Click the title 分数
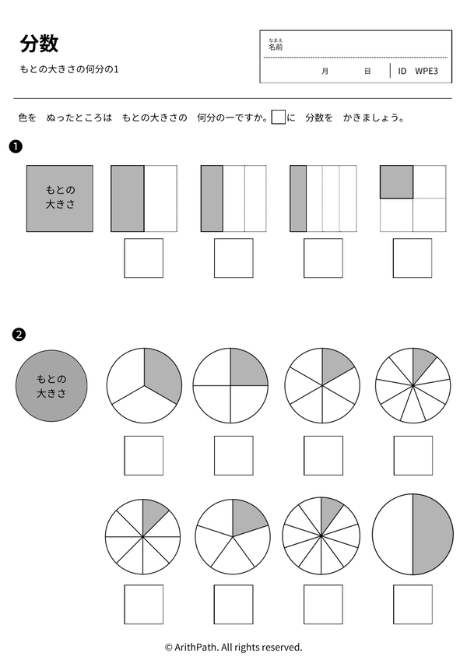[39, 44]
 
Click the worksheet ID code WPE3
[427, 71]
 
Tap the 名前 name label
[276, 47]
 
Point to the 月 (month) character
[325, 71]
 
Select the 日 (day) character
[367, 71]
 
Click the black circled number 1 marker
[16, 146]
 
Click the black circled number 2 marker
[19, 335]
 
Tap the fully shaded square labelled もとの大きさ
[60, 198]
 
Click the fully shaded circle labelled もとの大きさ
[51, 385]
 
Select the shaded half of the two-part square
[128, 198]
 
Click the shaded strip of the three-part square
[212, 198]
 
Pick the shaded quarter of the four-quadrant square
[396, 181]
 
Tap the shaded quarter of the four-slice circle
[248, 367]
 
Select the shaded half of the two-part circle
[433, 534]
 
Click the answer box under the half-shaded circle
[413, 604]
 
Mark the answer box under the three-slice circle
[143, 455]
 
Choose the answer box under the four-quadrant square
[413, 258]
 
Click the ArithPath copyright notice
[233, 647]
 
